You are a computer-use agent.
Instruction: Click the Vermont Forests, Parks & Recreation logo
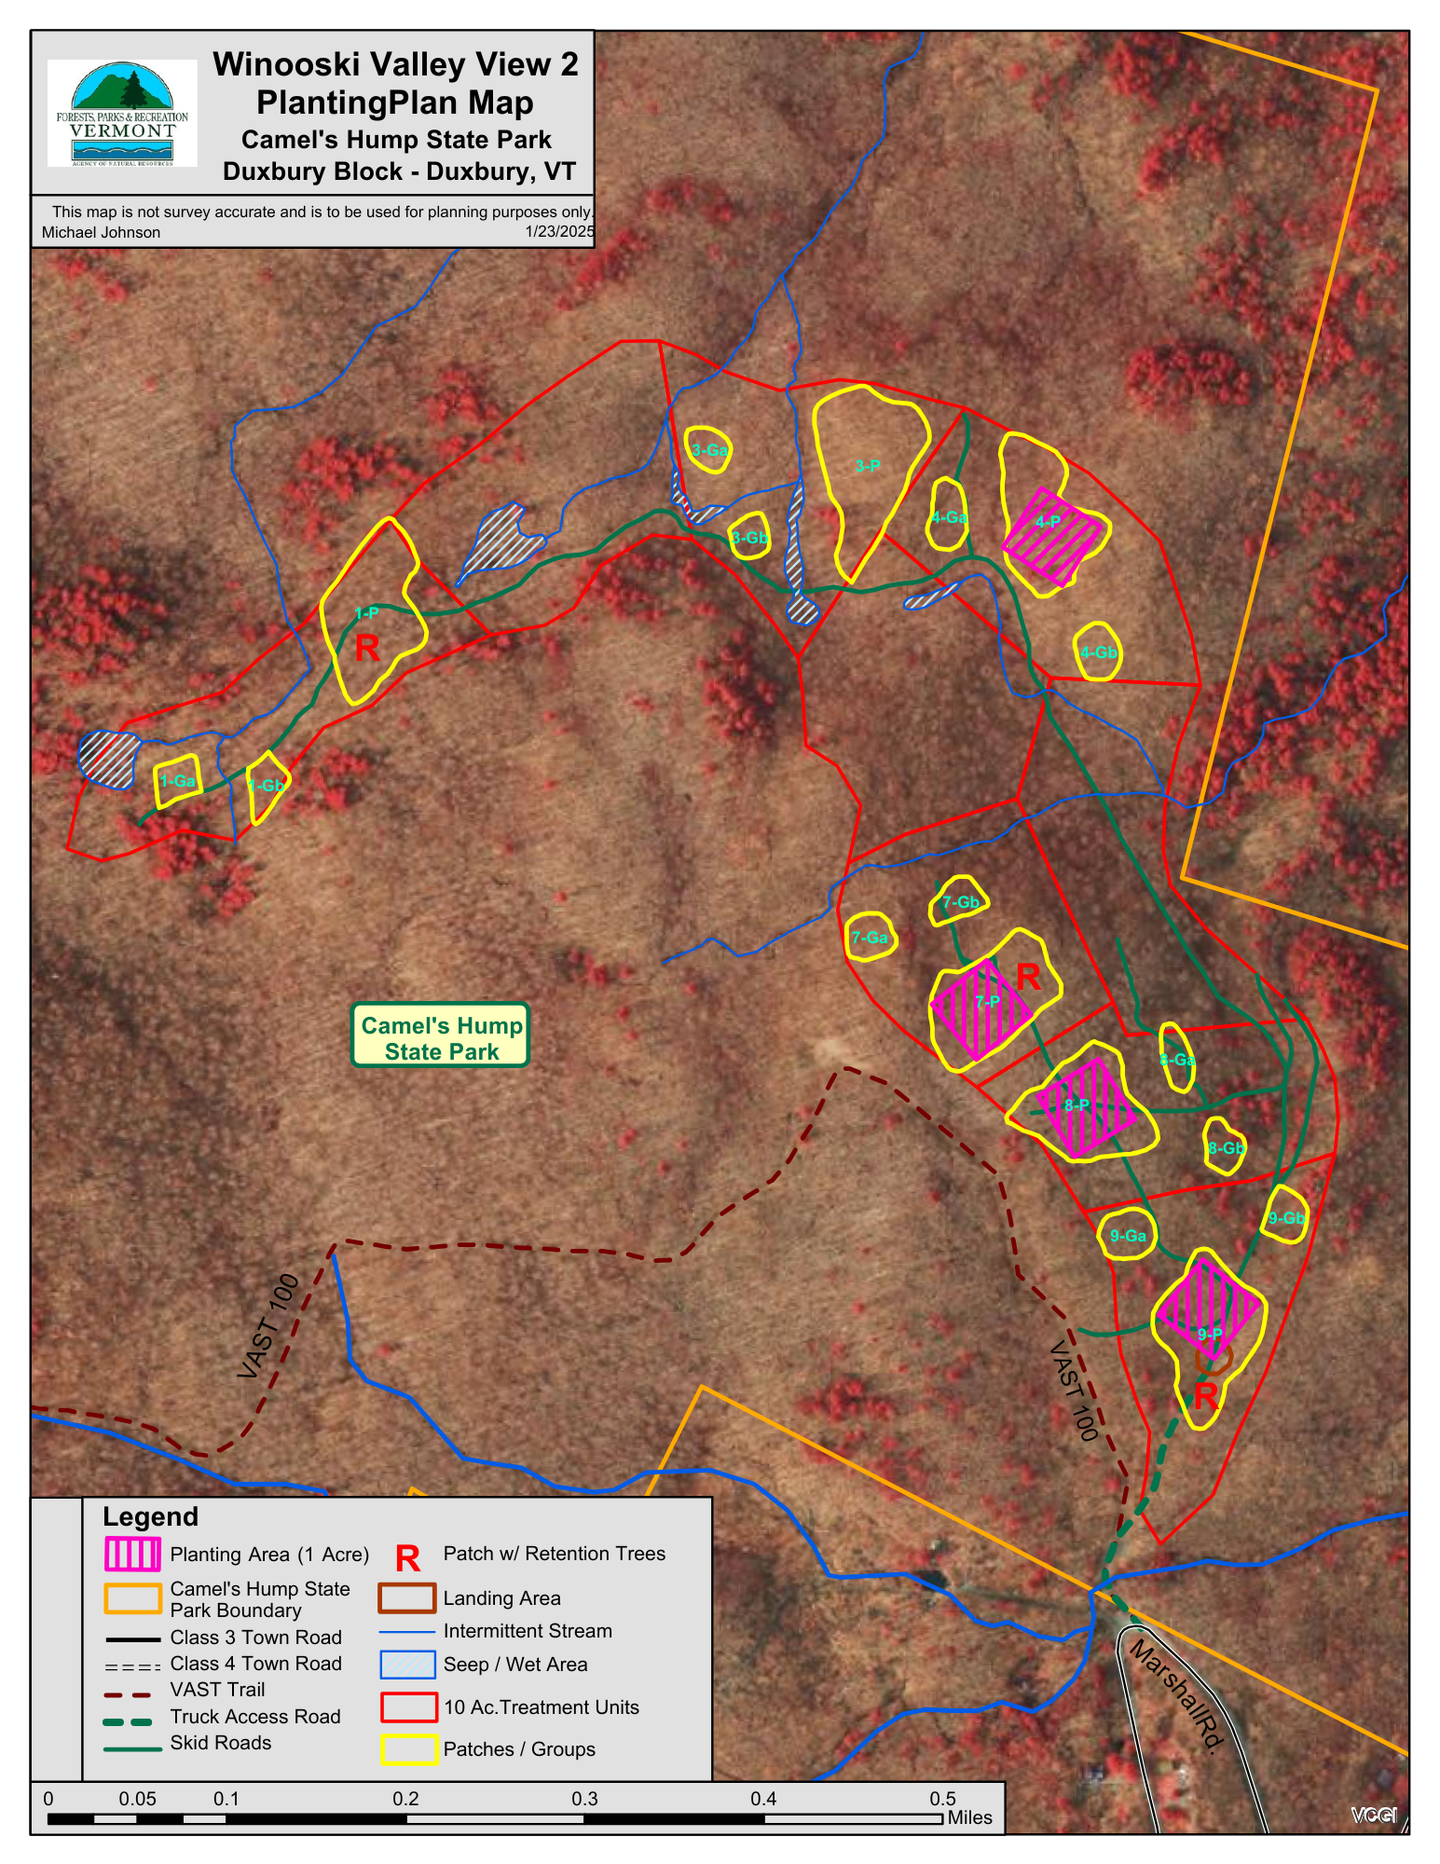tap(122, 113)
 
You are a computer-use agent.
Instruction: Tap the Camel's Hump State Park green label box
tap(441, 1035)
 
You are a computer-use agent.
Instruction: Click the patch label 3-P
tap(867, 466)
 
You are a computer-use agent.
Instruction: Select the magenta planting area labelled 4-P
tap(1052, 537)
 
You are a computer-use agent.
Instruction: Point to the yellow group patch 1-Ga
tap(177, 781)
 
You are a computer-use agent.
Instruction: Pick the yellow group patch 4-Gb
tap(1097, 652)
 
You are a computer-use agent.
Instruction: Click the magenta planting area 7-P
tap(981, 1009)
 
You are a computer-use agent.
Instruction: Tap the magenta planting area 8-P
tap(1086, 1107)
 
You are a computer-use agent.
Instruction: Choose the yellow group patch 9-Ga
tap(1128, 1235)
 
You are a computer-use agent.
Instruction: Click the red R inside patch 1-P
tap(367, 649)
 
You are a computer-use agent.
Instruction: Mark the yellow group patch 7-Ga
tap(871, 937)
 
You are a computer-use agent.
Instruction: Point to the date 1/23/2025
tap(559, 231)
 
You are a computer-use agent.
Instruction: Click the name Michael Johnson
tap(101, 232)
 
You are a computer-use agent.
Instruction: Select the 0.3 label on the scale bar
tap(584, 1799)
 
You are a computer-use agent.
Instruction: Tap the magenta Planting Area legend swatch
tap(132, 1554)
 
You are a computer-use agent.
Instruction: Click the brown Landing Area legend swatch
tap(406, 1597)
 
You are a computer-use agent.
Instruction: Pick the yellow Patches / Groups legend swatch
tap(408, 1749)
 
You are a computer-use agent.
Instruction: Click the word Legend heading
tap(150, 1517)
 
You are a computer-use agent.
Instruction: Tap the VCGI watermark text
tap(1373, 1815)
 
